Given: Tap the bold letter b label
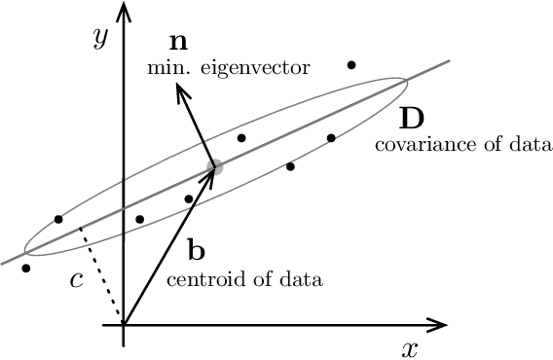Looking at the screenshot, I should click(197, 252).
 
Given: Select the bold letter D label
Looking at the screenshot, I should click(411, 119).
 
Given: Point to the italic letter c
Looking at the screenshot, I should click(78, 280).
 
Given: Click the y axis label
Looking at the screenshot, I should click(98, 39).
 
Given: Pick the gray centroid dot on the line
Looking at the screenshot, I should click(215, 167).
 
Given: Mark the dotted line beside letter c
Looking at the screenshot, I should click(101, 274).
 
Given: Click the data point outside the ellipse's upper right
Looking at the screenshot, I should click(351, 65).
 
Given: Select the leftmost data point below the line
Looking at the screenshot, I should click(25, 268).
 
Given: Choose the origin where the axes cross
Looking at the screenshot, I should click(124, 324).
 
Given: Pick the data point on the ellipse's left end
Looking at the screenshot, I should click(58, 219).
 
